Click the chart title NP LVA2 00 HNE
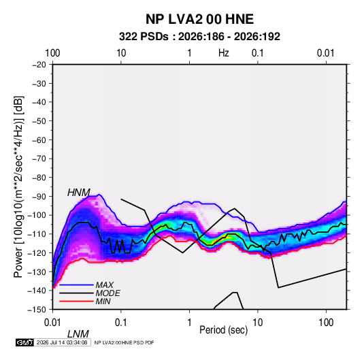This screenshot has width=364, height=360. [199, 19]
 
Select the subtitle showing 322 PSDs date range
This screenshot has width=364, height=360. [199, 37]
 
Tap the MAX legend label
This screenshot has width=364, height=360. [105, 284]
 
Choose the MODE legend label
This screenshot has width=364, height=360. [107, 293]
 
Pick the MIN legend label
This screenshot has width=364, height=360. [103, 301]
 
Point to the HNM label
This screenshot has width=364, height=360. [79, 193]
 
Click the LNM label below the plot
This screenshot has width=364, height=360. [78, 334]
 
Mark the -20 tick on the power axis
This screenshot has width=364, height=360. [39, 65]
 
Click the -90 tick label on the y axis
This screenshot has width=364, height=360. [39, 196]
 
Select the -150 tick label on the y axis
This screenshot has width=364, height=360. [37, 310]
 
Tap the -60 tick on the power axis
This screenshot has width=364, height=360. [39, 140]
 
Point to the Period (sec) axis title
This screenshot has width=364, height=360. [224, 330]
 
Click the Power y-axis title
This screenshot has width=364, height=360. [18, 187]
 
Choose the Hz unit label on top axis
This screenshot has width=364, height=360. [224, 53]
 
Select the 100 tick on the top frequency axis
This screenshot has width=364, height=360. [52, 53]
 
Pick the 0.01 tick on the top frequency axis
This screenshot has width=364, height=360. [326, 53]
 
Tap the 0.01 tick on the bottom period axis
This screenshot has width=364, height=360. [52, 323]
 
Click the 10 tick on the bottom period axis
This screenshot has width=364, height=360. [257, 323]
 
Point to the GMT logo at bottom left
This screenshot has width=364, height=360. [24, 342]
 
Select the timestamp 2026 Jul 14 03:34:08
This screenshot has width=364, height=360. [62, 342]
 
